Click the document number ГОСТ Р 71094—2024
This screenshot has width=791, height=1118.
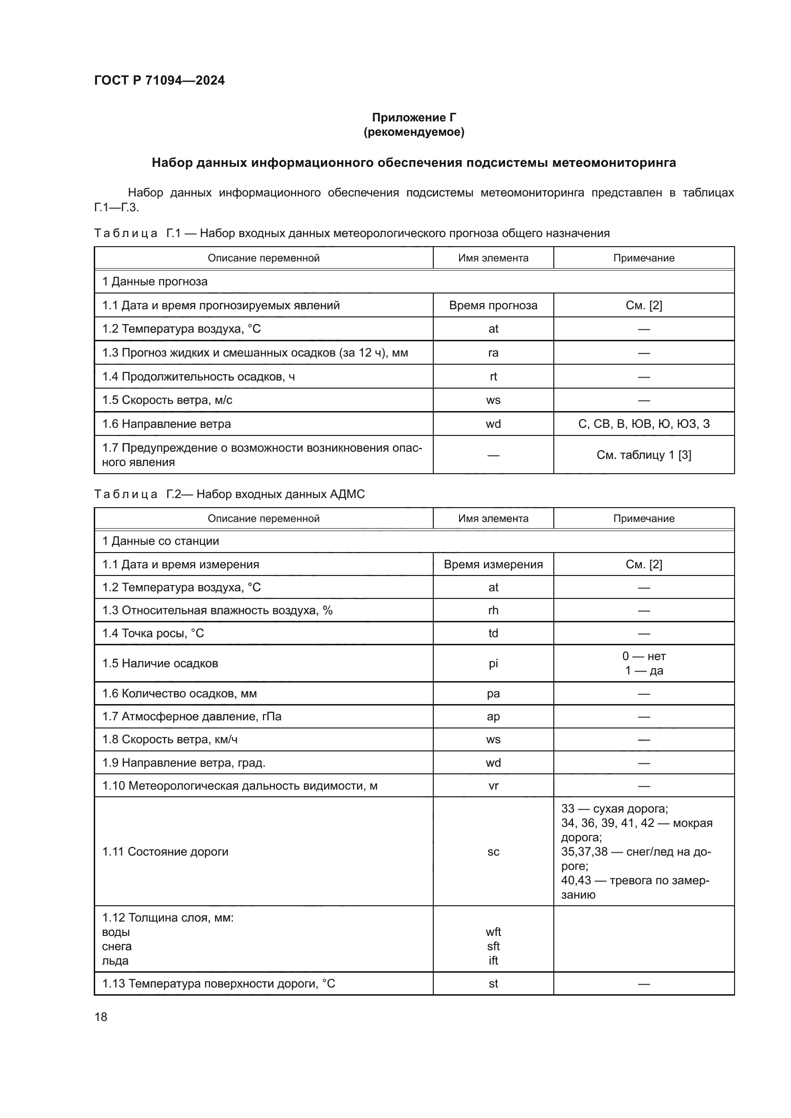pos(159,80)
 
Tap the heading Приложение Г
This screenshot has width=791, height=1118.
pos(414,118)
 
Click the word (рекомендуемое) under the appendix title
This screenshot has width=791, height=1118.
pos(414,132)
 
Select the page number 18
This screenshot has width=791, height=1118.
pos(101,1017)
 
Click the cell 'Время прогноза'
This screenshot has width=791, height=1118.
pos(493,305)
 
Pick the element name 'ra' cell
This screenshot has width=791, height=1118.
pos(493,353)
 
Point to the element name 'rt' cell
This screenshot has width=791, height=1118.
pos(493,376)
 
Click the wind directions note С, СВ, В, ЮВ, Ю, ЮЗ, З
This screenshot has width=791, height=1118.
pos(643,423)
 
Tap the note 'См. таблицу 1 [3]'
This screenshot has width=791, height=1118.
pos(643,455)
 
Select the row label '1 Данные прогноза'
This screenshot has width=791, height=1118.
pos(154,282)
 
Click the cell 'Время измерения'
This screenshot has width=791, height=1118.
pos(493,564)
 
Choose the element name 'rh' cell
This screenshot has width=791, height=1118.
pos(493,610)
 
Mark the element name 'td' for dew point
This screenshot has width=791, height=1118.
pos(493,633)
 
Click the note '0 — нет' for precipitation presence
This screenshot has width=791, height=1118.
pos(643,656)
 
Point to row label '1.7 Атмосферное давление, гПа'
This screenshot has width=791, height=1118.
pos(191,716)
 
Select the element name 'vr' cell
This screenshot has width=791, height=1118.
pos(493,786)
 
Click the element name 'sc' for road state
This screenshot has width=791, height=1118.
pos(493,852)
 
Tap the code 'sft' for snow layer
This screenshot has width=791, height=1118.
pos(493,946)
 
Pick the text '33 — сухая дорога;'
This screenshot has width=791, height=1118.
pos(614,809)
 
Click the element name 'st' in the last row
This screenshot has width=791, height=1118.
pos(493,984)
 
